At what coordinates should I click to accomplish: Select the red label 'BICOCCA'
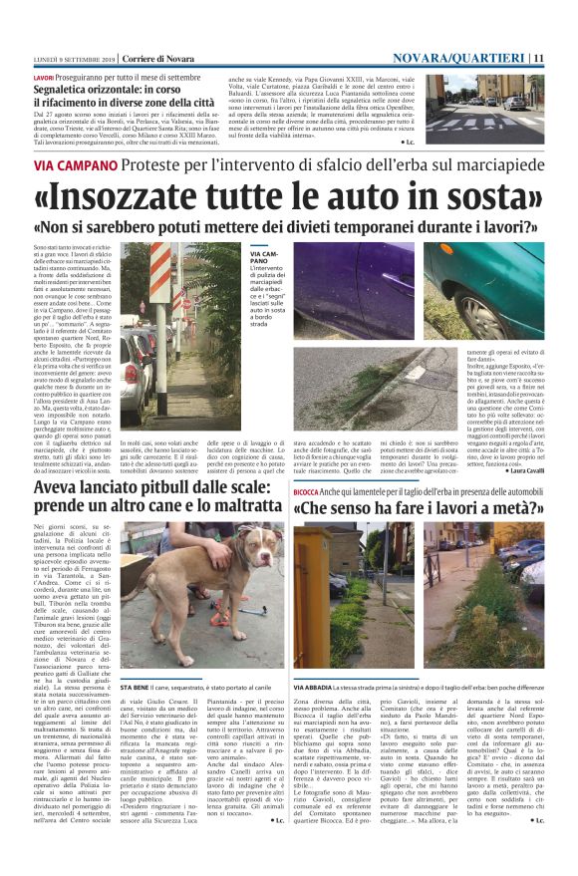click(x=307, y=492)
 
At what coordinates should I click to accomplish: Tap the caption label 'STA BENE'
click(x=136, y=660)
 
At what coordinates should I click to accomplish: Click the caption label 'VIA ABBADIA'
click(x=317, y=660)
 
